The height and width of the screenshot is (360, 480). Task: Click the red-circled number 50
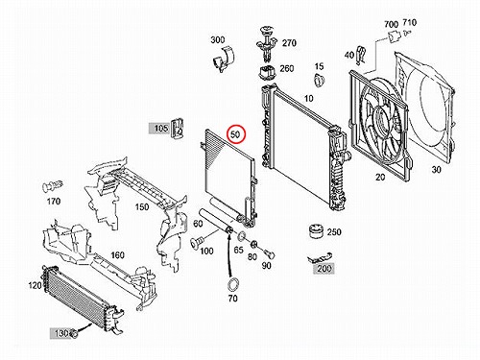235,134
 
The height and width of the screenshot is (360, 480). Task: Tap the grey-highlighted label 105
160,129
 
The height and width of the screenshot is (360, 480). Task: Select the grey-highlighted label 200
324,268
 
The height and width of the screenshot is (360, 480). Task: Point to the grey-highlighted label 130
61,333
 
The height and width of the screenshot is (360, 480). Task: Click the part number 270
289,43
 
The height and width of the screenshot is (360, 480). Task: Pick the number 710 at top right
409,22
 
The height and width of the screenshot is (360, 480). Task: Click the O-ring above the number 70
233,284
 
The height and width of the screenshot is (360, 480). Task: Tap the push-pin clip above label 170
53,186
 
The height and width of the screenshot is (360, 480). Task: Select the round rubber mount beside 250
317,231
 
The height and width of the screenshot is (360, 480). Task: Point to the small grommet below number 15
319,80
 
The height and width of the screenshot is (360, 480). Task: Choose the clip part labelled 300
223,59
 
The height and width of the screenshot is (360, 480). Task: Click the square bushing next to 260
267,73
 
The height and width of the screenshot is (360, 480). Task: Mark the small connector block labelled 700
395,37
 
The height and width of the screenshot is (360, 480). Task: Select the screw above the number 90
270,254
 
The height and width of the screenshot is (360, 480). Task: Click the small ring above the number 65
242,236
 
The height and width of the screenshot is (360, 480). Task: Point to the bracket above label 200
320,257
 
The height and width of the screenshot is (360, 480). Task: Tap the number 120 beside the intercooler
36,285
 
